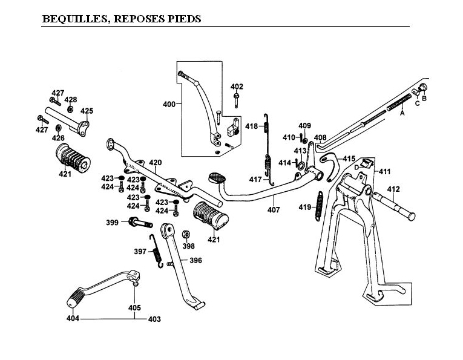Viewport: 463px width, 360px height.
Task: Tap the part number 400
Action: coord(169,104)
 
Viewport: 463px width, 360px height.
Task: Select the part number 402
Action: coord(237,87)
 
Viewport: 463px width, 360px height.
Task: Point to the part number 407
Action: coord(274,210)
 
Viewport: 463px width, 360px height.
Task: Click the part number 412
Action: coord(393,189)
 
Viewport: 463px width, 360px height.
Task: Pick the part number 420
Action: coord(156,163)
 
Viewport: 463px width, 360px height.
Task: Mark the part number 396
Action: coord(195,260)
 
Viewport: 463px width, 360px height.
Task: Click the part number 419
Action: coord(304,208)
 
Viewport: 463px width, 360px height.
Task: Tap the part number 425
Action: coord(87,111)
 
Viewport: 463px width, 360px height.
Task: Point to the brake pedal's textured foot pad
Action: coord(216,178)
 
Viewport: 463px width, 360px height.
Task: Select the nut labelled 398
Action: coord(187,234)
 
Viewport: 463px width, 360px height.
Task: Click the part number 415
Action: coord(349,159)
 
